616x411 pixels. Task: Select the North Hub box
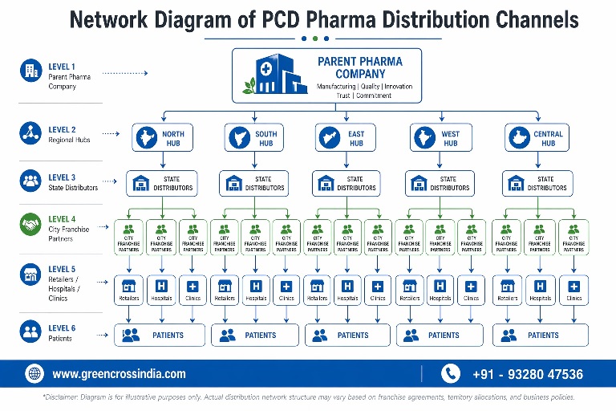(162, 138)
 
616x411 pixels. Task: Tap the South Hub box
(254, 138)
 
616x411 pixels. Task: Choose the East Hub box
(346, 138)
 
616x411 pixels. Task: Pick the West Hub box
(440, 138)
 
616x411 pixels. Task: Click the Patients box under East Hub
(346, 335)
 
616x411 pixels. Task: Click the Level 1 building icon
(30, 71)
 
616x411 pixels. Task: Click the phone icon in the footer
(452, 373)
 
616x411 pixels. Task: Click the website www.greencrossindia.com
(119, 373)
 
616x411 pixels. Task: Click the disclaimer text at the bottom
(308, 397)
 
